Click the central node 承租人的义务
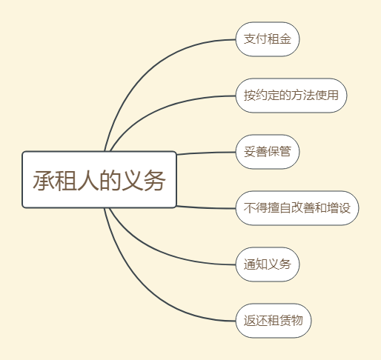[99, 179]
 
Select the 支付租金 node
[268, 39]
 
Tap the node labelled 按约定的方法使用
[291, 96]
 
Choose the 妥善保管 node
[268, 152]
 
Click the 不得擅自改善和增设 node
[297, 208]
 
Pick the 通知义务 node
[268, 264]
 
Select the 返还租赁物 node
[274, 321]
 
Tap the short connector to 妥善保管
[206, 153]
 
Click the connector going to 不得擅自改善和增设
[206, 207]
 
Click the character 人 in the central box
[88, 181]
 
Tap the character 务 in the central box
[155, 181]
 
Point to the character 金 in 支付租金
[285, 39]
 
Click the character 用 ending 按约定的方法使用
[333, 96]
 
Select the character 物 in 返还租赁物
[297, 320]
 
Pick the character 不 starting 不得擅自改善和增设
[250, 208]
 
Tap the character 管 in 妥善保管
[285, 152]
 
